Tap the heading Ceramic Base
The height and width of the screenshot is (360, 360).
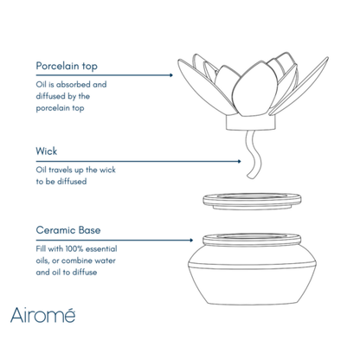coord(71,231)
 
